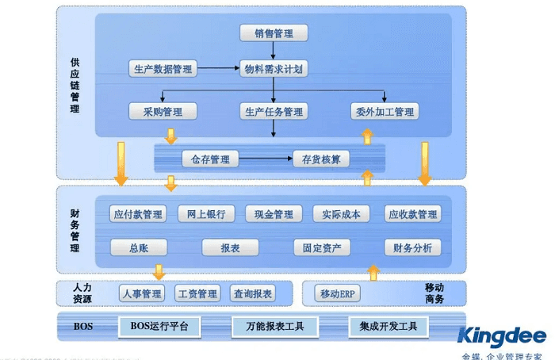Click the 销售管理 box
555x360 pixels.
(273, 33)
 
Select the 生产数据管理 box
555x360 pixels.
(161, 69)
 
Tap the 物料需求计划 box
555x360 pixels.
(273, 69)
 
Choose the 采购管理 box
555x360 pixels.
(163, 112)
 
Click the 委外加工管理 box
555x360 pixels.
(384, 112)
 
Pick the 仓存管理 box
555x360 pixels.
(210, 159)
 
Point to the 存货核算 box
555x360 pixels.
(321, 159)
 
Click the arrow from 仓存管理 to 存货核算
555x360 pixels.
(265, 159)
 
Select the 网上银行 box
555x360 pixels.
(206, 215)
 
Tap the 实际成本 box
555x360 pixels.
(341, 215)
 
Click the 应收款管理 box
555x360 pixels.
(412, 215)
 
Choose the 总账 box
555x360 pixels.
(139, 248)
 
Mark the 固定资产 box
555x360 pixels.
(321, 248)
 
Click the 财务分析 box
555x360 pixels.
(412, 248)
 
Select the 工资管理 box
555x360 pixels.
(197, 294)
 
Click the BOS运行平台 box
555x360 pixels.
(159, 326)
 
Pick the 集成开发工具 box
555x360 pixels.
(388, 326)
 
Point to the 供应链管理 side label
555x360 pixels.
(75, 85)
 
